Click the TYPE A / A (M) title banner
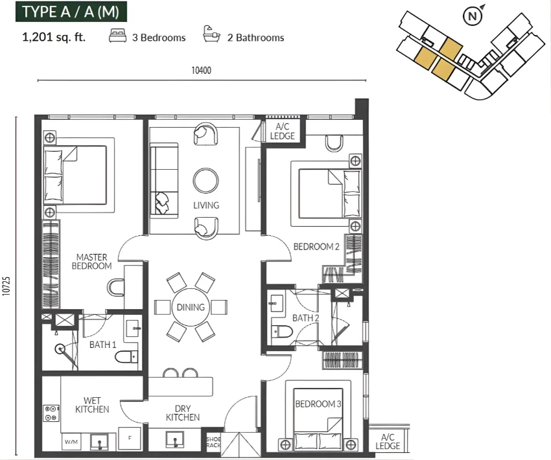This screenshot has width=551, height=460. coord(71,12)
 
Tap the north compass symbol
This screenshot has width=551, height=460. coord(473,16)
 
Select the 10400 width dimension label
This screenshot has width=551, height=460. coord(202,70)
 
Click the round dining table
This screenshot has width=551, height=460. coord(191,307)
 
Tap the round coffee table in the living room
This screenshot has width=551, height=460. coord(206,181)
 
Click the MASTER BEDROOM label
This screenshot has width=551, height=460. coord(91,262)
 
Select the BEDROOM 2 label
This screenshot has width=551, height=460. coord(316,247)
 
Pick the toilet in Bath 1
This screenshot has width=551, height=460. coord(126,357)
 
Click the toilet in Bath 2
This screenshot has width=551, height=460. coord(281,332)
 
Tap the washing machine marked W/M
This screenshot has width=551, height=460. coord(71,441)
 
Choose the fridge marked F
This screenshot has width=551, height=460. coord(130,438)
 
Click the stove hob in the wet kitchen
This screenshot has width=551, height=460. coord(51,413)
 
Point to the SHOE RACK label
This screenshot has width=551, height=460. coord(213,442)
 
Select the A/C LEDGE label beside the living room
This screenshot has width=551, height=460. coord(283,132)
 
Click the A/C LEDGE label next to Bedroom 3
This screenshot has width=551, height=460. coord(388,441)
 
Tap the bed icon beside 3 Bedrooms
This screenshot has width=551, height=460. coord(118,36)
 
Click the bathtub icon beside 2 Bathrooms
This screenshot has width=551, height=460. coord(211,34)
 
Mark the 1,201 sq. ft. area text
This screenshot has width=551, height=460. coord(54,37)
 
